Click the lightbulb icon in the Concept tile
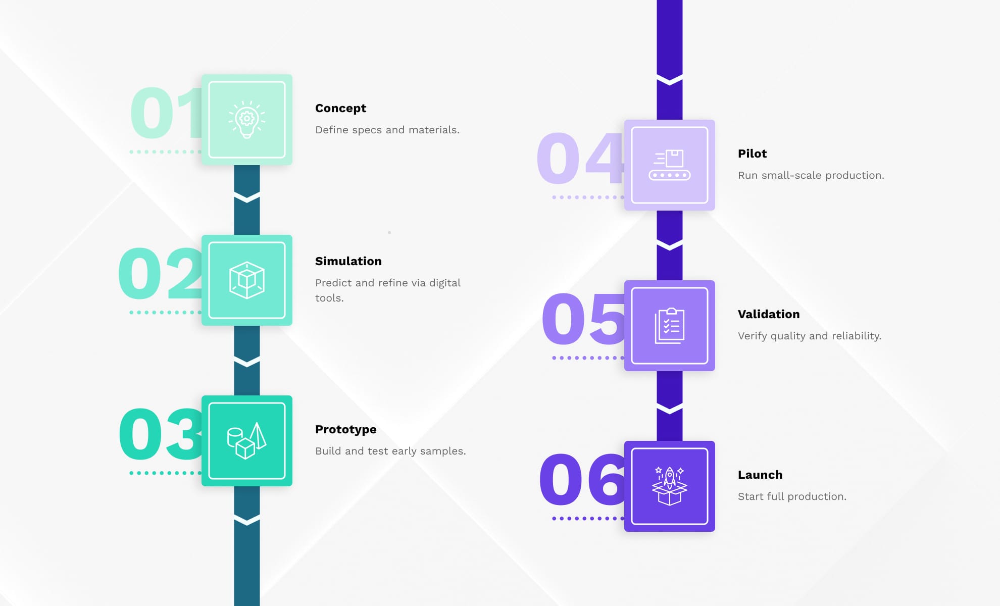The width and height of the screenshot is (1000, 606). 246,120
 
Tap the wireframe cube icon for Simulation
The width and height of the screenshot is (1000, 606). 246,280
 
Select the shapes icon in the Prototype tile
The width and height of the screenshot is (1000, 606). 246,441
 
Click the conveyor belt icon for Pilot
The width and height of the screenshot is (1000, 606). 669,165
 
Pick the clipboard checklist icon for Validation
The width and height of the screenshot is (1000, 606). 669,326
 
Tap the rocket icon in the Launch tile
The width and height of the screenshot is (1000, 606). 669,486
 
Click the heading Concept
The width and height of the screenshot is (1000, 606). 340,108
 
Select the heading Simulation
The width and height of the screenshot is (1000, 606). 348,261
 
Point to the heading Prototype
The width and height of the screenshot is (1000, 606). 345,429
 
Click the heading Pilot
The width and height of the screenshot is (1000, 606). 752,154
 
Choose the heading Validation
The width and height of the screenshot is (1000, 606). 768,314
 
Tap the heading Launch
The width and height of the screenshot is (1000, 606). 760,475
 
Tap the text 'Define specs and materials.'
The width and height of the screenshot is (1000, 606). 387,130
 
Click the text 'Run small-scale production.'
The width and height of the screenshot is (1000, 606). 811,175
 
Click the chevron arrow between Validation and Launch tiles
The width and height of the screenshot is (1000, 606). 669,408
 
